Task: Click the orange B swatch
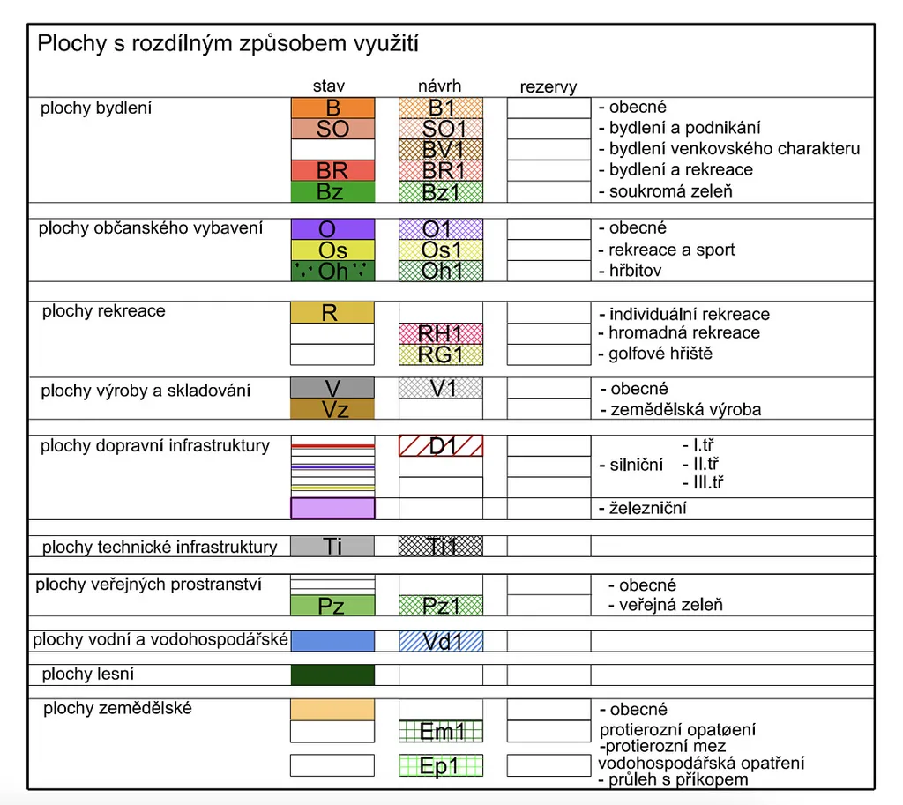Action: (x=332, y=108)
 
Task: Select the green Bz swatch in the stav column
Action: (x=332, y=190)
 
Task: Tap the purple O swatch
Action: (x=332, y=229)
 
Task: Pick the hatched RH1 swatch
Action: (x=441, y=333)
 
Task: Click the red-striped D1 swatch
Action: (x=441, y=445)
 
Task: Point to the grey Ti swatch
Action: (x=332, y=547)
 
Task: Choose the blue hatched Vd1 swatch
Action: (x=441, y=641)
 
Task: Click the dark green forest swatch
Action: (x=332, y=675)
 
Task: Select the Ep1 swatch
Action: (x=441, y=765)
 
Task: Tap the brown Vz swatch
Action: (x=332, y=409)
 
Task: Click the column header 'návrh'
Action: (x=439, y=86)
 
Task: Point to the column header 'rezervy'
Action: (x=549, y=86)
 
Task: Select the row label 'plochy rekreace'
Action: (x=103, y=311)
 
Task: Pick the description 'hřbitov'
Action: (x=635, y=271)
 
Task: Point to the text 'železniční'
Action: (x=646, y=508)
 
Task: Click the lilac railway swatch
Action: (x=332, y=508)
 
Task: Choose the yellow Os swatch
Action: (x=332, y=250)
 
